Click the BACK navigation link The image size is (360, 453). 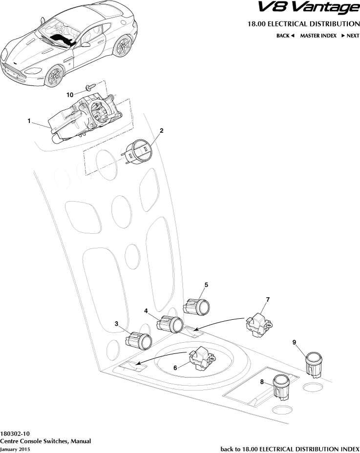[285, 36]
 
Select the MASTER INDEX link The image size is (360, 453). [318, 36]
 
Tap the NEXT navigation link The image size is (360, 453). [350, 36]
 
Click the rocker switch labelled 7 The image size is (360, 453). [258, 325]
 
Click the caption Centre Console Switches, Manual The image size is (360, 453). [45, 441]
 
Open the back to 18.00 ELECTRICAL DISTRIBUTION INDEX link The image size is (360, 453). [290, 449]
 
